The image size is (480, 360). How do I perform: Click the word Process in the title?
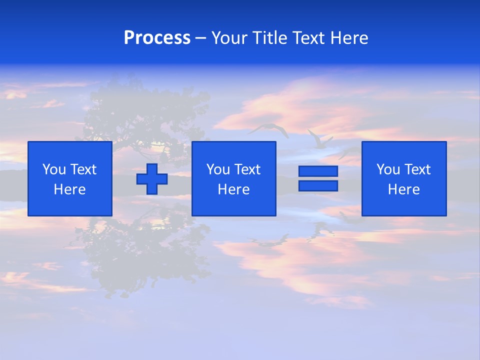tap(157, 38)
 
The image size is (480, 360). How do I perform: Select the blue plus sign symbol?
tap(152, 179)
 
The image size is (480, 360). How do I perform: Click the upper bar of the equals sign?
tap(318, 171)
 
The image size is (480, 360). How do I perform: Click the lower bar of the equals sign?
tap(318, 186)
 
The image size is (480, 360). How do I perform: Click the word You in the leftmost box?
tap(54, 169)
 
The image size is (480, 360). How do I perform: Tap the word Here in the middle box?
tap(233, 189)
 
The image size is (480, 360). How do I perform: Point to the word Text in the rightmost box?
tap(418, 169)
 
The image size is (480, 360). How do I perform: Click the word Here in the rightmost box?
tap(403, 189)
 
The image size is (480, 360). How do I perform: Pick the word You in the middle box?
tap(218, 169)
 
